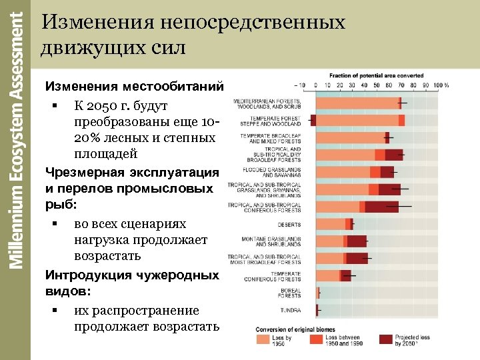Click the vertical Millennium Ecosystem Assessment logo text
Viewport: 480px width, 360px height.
17,140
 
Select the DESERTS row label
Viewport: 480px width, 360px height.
289,224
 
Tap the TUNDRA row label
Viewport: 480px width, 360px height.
290,310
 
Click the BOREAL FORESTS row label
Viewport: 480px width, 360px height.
289,293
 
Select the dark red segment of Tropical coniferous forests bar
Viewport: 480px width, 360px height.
381,207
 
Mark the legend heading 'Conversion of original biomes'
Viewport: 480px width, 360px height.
293,329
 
